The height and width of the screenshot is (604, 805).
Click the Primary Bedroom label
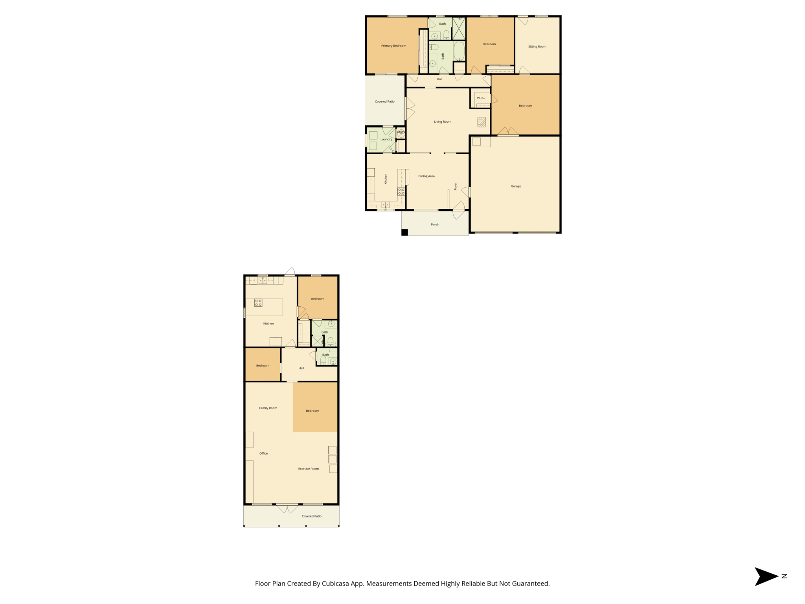pyautogui.click(x=393, y=46)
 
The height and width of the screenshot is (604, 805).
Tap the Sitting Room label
pyautogui.click(x=537, y=46)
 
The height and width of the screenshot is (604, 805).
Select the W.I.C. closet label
pyautogui.click(x=481, y=98)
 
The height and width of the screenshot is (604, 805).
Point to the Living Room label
pyautogui.click(x=442, y=122)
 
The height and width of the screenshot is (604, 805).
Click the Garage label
pyautogui.click(x=516, y=186)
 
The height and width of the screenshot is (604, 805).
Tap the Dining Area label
pyautogui.click(x=426, y=176)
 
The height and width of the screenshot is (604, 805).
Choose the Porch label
pyautogui.click(x=435, y=225)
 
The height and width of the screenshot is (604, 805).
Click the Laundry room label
pyautogui.click(x=386, y=139)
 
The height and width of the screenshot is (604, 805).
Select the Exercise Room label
pyautogui.click(x=308, y=469)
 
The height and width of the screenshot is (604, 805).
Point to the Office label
pyautogui.click(x=263, y=453)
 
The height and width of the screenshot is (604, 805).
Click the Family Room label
pyautogui.click(x=268, y=408)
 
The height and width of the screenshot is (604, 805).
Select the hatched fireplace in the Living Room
pyautogui.click(x=482, y=122)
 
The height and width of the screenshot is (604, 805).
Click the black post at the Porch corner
pyautogui.click(x=404, y=232)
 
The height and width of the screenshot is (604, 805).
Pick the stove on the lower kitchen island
pyautogui.click(x=258, y=303)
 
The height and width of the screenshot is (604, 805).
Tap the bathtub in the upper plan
pyautogui.click(x=459, y=52)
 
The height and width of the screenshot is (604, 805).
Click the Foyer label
pyautogui.click(x=456, y=186)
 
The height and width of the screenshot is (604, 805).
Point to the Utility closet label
pyautogui.click(x=401, y=132)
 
